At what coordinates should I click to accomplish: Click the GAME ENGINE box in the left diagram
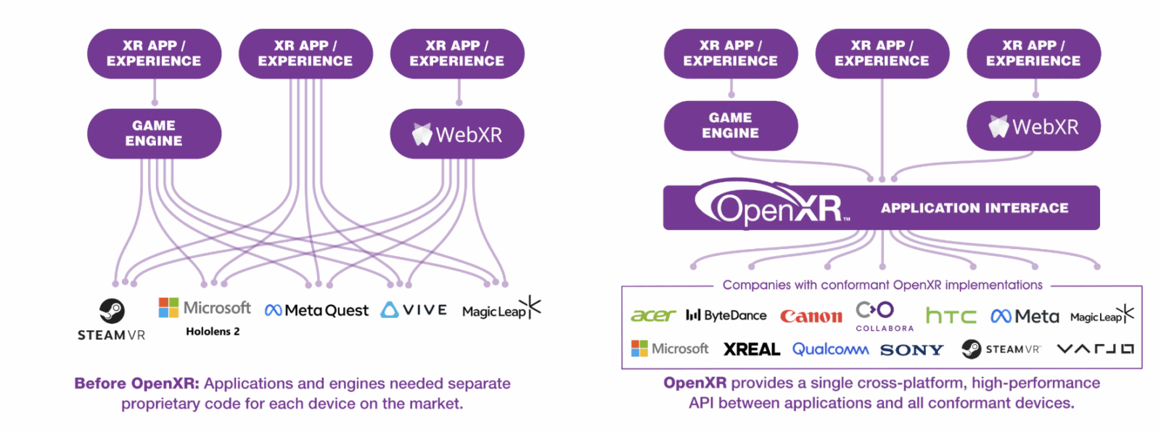point(154,134)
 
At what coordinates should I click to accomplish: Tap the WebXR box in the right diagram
point(1033,126)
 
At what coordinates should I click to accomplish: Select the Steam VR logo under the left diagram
point(112,319)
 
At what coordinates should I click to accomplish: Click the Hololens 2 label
point(213,331)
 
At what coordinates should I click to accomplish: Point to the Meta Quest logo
point(316,311)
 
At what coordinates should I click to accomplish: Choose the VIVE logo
point(414,310)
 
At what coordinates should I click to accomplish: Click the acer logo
point(653,315)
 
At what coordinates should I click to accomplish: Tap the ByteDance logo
point(726,315)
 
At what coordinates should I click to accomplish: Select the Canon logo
point(811,316)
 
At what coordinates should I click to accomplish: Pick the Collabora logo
point(884,316)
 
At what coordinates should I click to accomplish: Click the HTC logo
point(951,316)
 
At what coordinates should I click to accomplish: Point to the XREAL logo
point(752,349)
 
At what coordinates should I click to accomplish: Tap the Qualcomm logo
point(830,349)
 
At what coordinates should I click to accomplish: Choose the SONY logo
point(912,350)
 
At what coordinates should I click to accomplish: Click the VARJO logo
point(1095,349)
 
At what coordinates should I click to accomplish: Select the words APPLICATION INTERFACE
point(975,208)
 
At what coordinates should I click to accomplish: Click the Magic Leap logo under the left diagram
point(501,310)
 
